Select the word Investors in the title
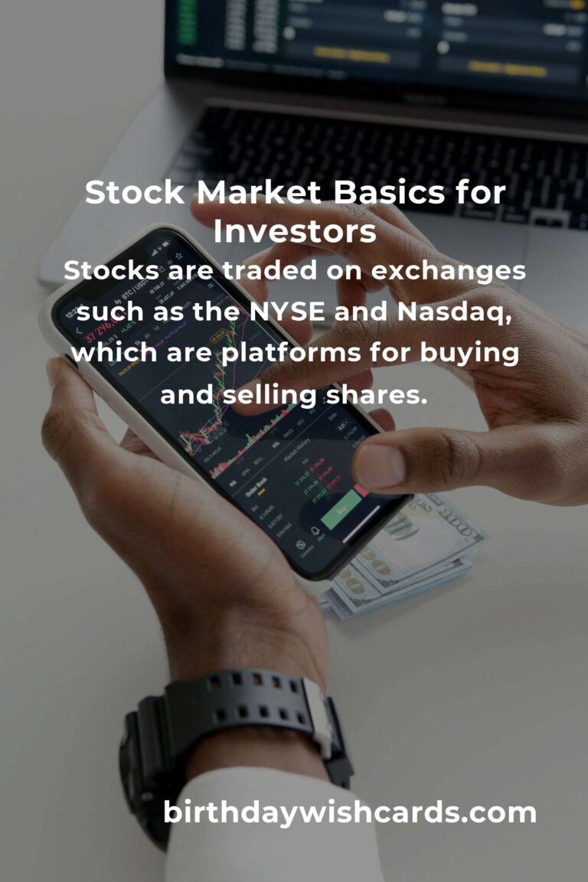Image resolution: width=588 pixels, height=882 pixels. pos(295,232)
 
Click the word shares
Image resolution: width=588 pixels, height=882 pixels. pos(377,395)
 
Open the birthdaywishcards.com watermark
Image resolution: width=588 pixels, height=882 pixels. pos(350,812)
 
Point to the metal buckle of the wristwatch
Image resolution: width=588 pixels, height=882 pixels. pos(319,716)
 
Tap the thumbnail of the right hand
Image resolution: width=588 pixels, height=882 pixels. pos(379,465)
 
